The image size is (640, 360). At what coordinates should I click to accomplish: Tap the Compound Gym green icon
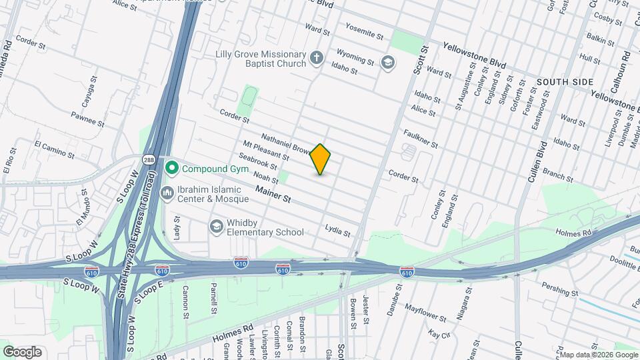pyautogui.click(x=172, y=167)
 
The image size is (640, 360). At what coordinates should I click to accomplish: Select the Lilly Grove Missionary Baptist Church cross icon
pyautogui.click(x=317, y=59)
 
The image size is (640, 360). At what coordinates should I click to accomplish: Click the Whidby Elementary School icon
pyautogui.click(x=216, y=227)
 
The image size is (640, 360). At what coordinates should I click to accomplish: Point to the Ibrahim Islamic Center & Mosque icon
pyautogui.click(x=167, y=192)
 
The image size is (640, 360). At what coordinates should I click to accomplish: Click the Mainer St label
pyautogui.click(x=274, y=195)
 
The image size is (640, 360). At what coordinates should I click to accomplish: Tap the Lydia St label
pyautogui.click(x=337, y=231)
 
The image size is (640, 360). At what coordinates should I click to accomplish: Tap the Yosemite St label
pyautogui.click(x=364, y=31)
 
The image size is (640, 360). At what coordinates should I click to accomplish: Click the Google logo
pyautogui.click(x=22, y=352)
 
